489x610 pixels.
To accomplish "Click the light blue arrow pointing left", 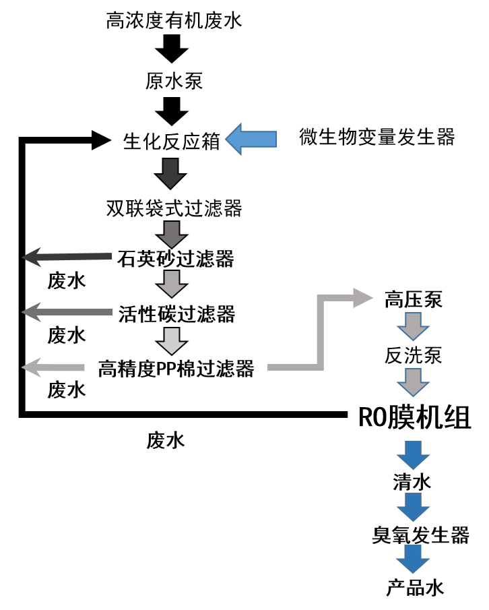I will pyautogui.click(x=253, y=139).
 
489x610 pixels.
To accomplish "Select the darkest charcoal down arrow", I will pyautogui.click(x=170, y=173).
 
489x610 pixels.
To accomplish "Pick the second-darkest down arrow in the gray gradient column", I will pyautogui.click(x=172, y=234).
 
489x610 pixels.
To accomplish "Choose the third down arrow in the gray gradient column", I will pyautogui.click(x=172, y=283).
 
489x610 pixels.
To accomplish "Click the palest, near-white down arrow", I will pyautogui.click(x=172, y=340).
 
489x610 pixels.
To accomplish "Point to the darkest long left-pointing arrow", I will pyautogui.click(x=67, y=257).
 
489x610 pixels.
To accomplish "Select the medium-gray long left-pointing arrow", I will pyautogui.click(x=67, y=312).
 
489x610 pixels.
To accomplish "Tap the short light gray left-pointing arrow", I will pyautogui.click(x=54, y=367).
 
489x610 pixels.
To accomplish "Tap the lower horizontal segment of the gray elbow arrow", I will pyautogui.click(x=293, y=367).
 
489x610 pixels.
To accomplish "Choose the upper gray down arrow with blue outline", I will pyautogui.click(x=413, y=326).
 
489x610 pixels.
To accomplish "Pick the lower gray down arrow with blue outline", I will pyautogui.click(x=413, y=382).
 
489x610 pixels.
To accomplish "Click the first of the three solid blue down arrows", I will pyautogui.click(x=413, y=454).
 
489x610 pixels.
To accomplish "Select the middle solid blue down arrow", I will pyautogui.click(x=413, y=506).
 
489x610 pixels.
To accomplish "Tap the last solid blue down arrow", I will pyautogui.click(x=413, y=558).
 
